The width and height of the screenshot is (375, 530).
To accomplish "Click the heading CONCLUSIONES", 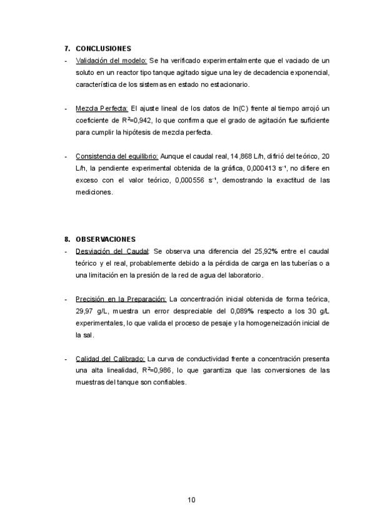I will [x=103, y=48].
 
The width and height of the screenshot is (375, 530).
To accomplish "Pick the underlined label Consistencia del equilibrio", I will [x=117, y=156].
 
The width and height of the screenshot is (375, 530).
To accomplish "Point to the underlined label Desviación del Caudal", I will [x=112, y=251].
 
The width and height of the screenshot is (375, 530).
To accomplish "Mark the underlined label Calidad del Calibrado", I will [x=110, y=359].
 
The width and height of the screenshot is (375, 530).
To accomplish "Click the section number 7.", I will [x=67, y=48].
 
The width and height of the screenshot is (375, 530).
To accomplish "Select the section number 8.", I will [x=67, y=239].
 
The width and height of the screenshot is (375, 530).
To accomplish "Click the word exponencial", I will [x=307, y=72].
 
